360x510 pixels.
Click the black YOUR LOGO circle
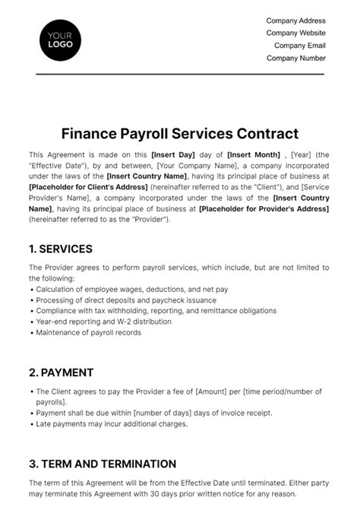[59, 39]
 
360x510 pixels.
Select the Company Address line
[295, 21]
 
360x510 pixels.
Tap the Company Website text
[295, 33]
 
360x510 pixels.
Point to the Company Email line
[299, 46]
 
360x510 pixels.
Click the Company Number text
[295, 58]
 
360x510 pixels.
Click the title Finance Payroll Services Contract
[179, 134]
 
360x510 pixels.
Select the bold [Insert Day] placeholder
[175, 154]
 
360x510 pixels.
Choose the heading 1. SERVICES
[61, 249]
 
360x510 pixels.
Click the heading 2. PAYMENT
[61, 372]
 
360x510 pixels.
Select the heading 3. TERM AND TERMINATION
[103, 464]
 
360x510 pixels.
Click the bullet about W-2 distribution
[113, 322]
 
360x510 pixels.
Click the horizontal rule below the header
[179, 74]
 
